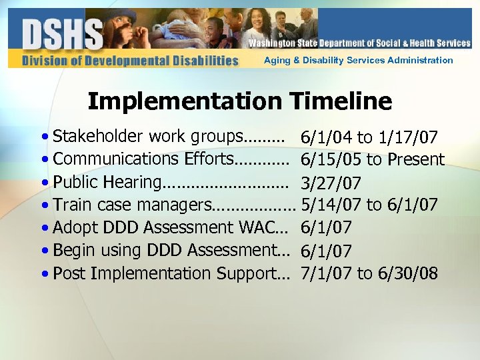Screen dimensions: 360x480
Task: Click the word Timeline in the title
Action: [341, 101]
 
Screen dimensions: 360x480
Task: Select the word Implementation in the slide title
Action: [186, 101]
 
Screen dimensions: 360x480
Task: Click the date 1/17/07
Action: [407, 138]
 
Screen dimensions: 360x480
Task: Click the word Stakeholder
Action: [98, 137]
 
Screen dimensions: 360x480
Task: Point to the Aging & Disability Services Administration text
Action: [358, 60]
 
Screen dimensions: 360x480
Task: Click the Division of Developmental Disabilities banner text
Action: [130, 61]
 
